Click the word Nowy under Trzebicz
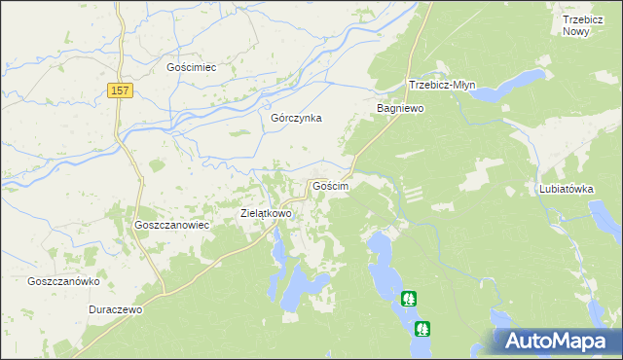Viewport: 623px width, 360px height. [576, 31]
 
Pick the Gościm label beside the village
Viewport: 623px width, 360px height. [329, 185]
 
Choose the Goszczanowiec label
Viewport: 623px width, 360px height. [167, 224]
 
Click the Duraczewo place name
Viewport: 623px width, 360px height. [115, 309]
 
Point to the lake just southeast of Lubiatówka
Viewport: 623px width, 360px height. [611, 229]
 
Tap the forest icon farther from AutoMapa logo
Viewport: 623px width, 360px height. [410, 300]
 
